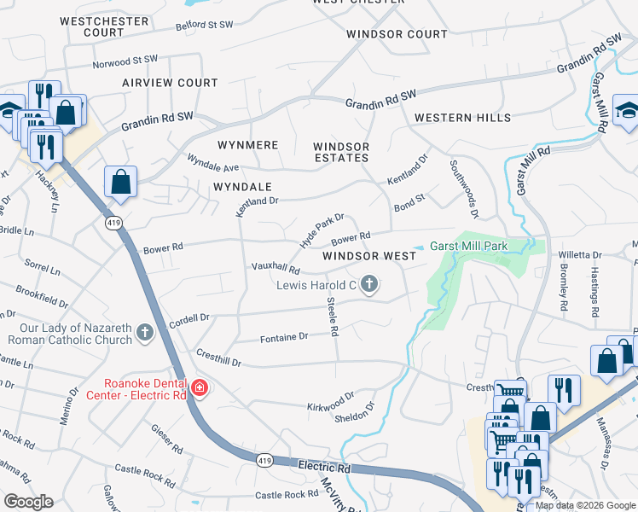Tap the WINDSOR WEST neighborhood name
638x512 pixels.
pos(369,256)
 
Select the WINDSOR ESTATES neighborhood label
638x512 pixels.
pos(341,152)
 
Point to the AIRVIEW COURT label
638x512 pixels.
pos(170,83)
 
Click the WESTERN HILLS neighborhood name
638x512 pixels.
pos(462,118)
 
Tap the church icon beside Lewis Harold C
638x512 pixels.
pos(369,283)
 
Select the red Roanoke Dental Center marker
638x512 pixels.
pos(200,389)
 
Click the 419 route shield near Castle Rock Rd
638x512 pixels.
pos(264,459)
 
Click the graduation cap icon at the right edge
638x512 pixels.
pos(626,112)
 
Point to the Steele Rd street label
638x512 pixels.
pos(333,316)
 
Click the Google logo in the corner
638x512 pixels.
pos(28,502)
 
